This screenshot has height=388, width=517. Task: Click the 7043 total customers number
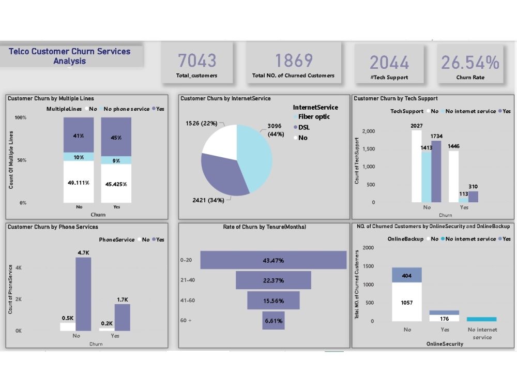[x=197, y=61]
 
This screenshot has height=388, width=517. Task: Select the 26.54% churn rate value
[x=470, y=63]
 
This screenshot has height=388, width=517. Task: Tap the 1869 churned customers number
[x=293, y=61]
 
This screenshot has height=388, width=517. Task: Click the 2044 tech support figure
[x=389, y=63]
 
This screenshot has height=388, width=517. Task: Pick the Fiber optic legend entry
[x=313, y=117]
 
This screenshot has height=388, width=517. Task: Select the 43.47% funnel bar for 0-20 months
[x=273, y=260]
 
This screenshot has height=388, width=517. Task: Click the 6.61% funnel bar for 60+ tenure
[x=273, y=321]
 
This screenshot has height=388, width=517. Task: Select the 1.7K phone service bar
[x=122, y=317]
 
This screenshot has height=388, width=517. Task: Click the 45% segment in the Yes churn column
[x=116, y=137]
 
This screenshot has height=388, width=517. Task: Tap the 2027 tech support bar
[x=417, y=166]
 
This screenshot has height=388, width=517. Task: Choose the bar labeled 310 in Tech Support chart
[x=473, y=197]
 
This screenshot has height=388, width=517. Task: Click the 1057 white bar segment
[x=406, y=302]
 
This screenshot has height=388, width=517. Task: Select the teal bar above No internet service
[x=481, y=319]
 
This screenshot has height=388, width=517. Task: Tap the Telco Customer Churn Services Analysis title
[x=70, y=56]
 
